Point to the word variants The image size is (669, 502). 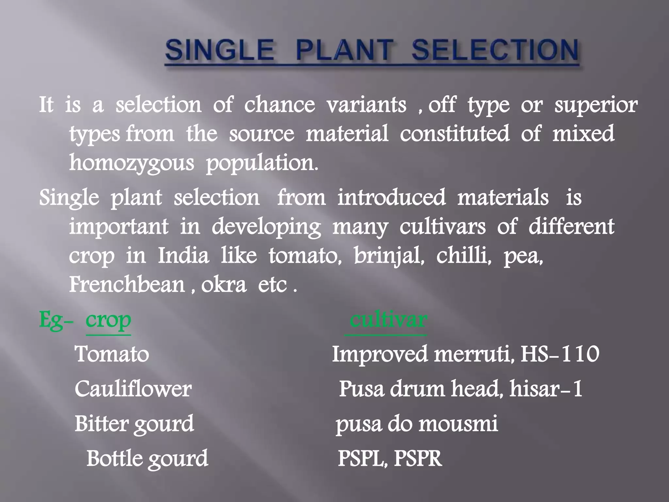click(x=367, y=105)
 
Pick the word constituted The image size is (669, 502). click(x=454, y=134)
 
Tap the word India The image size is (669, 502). click(x=183, y=256)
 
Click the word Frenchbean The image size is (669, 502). click(x=127, y=284)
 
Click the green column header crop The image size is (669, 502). click(x=108, y=321)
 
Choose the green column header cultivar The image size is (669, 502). click(x=388, y=319)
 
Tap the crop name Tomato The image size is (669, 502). click(x=112, y=354)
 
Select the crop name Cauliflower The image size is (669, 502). click(x=133, y=389)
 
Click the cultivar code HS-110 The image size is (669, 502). click(x=560, y=354)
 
